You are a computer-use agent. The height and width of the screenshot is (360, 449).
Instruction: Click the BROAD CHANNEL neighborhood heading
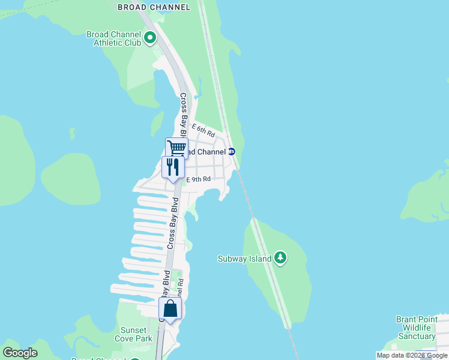click(154, 7)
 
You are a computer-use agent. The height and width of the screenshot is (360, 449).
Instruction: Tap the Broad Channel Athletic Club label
click(113, 38)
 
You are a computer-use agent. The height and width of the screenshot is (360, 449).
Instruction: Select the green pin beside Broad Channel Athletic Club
click(150, 38)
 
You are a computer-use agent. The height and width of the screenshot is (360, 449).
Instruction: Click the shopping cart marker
click(176, 148)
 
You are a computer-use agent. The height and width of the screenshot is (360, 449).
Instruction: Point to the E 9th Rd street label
click(198, 179)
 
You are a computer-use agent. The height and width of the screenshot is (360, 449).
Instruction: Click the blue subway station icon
click(232, 152)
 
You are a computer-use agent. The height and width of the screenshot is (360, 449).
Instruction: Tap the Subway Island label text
click(245, 259)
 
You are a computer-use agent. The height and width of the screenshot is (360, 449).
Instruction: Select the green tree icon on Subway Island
click(280, 258)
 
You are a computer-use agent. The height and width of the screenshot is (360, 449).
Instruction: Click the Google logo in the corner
click(20, 353)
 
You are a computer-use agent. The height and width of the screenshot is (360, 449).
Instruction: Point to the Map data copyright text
click(412, 355)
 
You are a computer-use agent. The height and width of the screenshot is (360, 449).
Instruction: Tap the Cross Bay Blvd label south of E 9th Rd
click(173, 223)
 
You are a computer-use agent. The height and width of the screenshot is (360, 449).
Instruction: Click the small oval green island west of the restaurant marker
click(70, 178)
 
